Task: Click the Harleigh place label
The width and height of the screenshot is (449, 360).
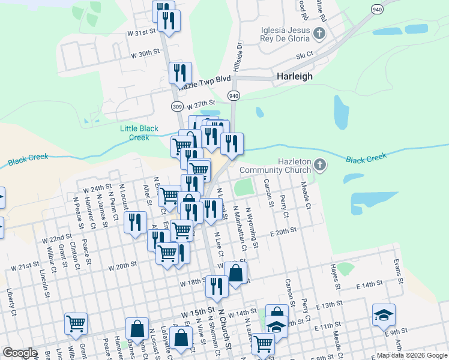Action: (x=295, y=77)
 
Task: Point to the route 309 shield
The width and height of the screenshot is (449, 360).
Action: (x=176, y=106)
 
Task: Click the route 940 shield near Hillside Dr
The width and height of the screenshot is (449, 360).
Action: (x=234, y=96)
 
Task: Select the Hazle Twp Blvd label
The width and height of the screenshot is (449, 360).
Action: (x=204, y=79)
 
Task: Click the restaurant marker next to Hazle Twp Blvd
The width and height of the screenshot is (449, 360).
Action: (x=180, y=73)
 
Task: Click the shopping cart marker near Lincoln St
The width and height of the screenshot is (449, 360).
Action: (x=76, y=324)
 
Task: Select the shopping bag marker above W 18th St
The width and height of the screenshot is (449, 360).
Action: (x=237, y=273)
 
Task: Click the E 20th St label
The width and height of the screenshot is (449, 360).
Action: (x=284, y=231)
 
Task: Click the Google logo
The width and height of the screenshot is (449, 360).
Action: (x=20, y=353)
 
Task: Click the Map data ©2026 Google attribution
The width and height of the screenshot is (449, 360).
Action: (x=411, y=355)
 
